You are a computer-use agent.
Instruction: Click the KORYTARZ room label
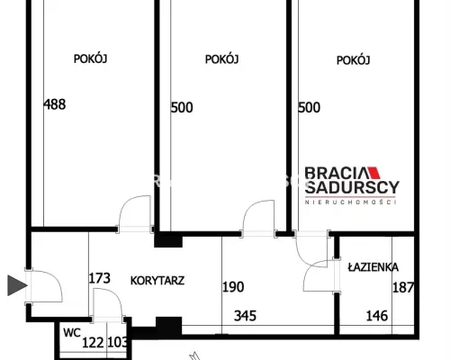point(157,281)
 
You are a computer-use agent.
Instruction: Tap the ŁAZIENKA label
point(373,267)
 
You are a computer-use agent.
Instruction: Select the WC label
point(72,333)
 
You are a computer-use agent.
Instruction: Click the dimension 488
point(55,104)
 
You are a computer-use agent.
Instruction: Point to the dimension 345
point(245,316)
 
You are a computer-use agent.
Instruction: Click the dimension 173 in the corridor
point(100,278)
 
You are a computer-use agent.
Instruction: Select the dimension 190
point(233,287)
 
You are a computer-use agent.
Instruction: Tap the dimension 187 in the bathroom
point(403,287)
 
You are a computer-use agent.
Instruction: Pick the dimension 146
point(377,316)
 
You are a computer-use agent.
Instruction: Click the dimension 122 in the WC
point(93,343)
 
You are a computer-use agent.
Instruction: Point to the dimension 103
point(118,342)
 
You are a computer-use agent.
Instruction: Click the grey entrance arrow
point(17,285)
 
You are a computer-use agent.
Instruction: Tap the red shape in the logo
point(374,173)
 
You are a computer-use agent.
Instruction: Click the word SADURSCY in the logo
point(352,187)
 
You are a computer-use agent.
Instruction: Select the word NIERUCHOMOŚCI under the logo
point(350,202)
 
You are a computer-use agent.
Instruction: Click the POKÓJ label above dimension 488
point(90,58)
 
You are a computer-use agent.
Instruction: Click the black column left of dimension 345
point(168,326)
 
